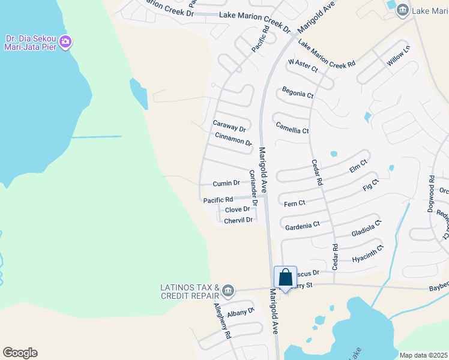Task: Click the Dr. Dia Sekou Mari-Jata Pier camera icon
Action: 65,42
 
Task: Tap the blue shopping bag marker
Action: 286,278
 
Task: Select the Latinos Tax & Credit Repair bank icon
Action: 228,292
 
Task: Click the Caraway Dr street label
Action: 229,126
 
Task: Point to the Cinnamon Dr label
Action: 233,139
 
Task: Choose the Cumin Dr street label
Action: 226,183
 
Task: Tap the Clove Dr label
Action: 237,209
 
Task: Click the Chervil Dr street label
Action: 238,221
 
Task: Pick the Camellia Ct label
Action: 292,128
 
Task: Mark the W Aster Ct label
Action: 303,65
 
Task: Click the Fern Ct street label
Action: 295,203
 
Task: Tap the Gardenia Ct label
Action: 303,226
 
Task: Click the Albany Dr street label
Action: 241,313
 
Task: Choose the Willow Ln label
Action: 398,55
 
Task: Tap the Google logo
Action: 20,353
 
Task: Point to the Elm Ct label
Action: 358,166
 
